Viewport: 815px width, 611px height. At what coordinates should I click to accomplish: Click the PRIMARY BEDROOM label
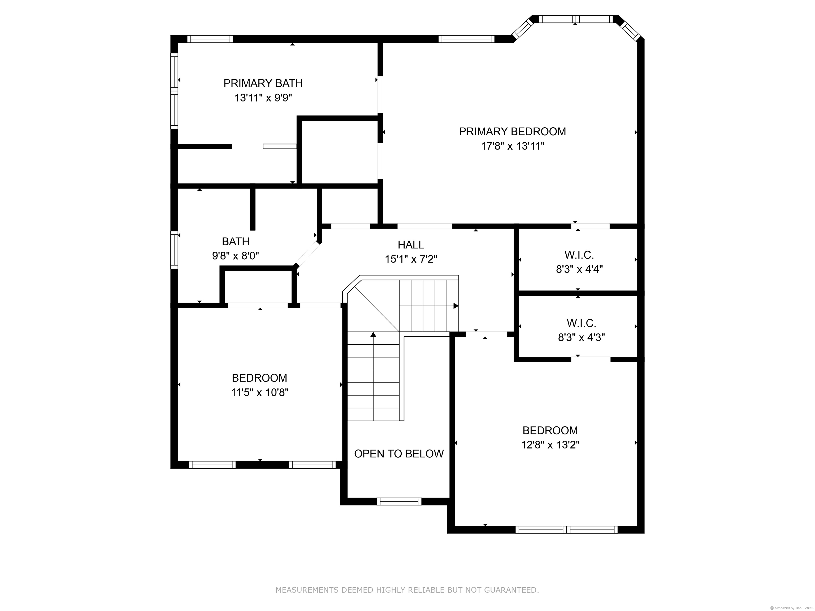click(512, 132)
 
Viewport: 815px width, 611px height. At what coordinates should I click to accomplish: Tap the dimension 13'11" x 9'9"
click(263, 98)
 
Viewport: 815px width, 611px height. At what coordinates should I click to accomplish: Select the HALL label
click(411, 245)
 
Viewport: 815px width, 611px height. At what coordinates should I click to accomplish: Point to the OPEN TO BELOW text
click(399, 454)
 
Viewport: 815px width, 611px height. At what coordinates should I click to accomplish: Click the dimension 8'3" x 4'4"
click(579, 269)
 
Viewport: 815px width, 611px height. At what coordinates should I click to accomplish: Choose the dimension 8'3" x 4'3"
click(582, 337)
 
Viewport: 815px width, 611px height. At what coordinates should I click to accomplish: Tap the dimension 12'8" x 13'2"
click(550, 445)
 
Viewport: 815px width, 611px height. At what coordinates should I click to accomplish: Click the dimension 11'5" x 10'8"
click(259, 392)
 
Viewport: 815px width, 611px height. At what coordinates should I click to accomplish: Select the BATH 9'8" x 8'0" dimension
click(235, 256)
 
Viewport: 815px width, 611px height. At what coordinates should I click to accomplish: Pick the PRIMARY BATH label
click(263, 83)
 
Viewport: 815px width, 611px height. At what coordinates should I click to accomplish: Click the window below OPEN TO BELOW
click(399, 501)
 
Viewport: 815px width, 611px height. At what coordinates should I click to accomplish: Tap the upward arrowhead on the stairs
click(373, 334)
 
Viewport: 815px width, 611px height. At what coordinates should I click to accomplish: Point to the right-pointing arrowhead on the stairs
click(456, 306)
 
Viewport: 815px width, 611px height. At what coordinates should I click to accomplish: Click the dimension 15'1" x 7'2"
click(411, 259)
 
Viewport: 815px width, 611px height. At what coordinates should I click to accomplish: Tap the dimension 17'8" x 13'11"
click(512, 146)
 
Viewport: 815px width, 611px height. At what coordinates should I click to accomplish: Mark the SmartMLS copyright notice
click(792, 608)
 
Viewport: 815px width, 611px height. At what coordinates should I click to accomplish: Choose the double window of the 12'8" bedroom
click(566, 530)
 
